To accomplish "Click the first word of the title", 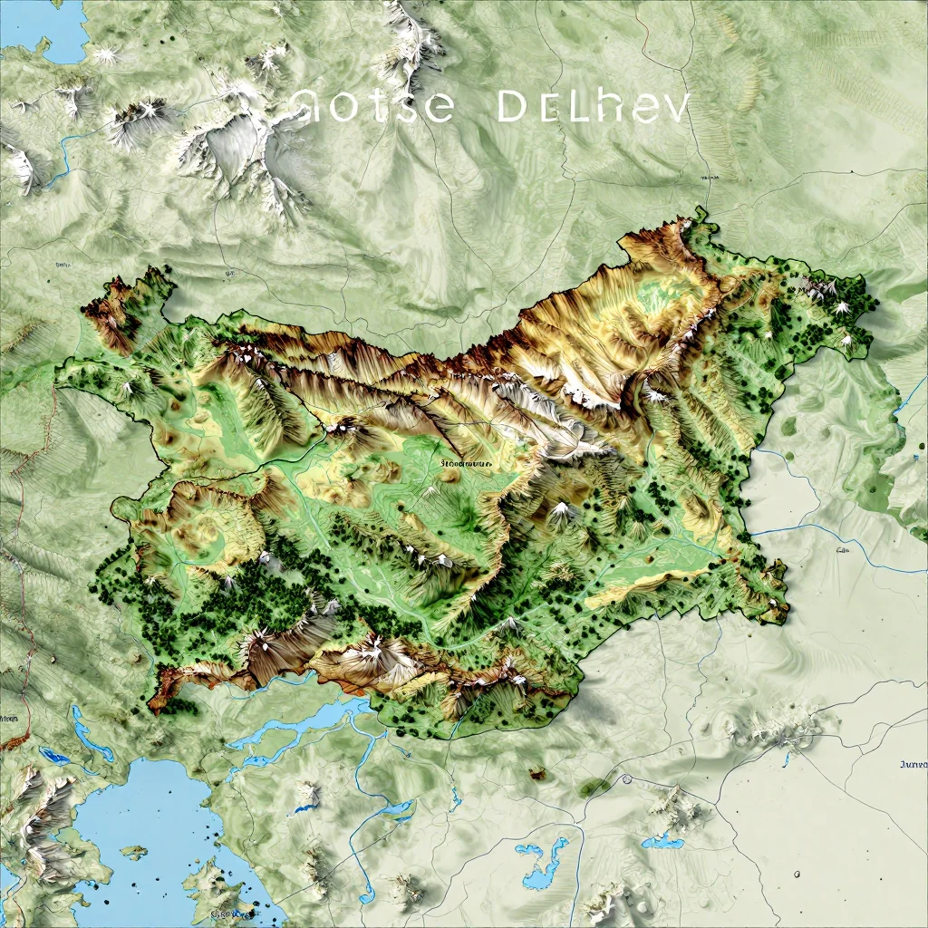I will tap(373, 107).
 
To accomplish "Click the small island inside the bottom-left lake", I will tap(133, 852).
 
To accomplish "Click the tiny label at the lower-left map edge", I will tap(9, 717).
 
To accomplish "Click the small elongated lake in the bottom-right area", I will tap(664, 842).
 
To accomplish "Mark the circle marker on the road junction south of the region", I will tap(625, 778).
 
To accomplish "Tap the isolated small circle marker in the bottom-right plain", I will tap(797, 874).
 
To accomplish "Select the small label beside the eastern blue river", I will tap(842, 549).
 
